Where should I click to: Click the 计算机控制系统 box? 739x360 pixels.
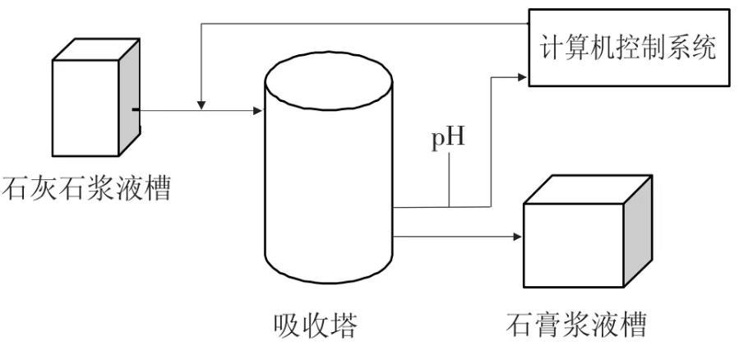point(628,47)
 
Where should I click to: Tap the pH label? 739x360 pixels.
point(449,137)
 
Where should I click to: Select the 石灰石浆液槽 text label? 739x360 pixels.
point(87,188)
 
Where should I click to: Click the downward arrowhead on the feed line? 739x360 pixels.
point(201,103)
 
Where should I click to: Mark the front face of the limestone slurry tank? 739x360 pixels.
point(85,107)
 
